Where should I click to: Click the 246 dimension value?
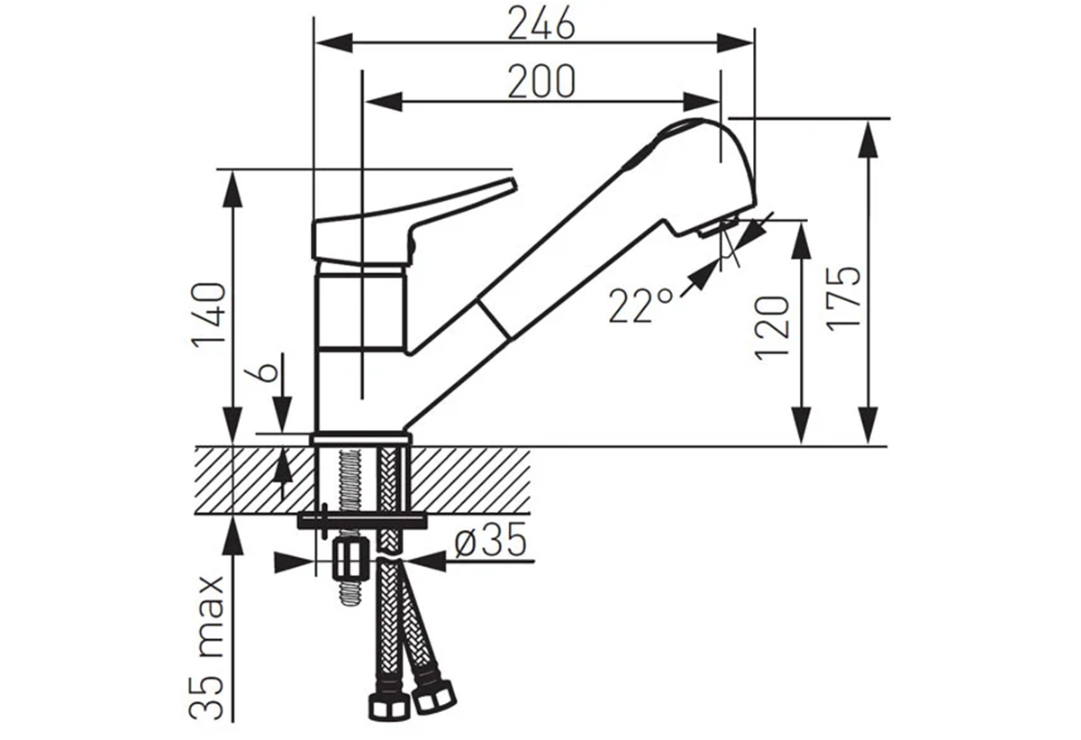(x=541, y=23)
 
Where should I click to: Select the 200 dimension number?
(x=541, y=82)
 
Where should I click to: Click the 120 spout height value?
(x=772, y=328)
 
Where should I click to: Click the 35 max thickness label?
(x=206, y=648)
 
